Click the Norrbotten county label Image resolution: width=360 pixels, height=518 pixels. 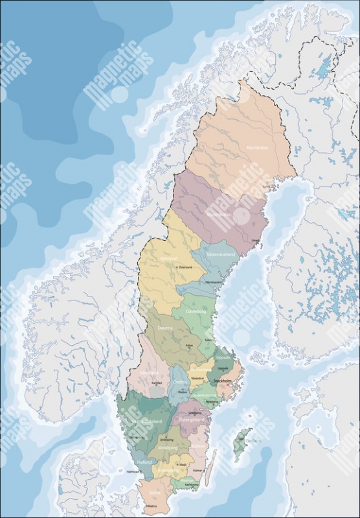pyautogui.click(x=257, y=148)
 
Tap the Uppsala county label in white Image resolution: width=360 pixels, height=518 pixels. pyautogui.click(x=222, y=357)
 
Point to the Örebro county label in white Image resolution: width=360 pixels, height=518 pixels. pyautogui.click(x=181, y=382)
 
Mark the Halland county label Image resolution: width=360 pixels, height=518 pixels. pyautogui.click(x=145, y=462)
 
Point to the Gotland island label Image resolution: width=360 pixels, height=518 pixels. pyautogui.click(x=253, y=441)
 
